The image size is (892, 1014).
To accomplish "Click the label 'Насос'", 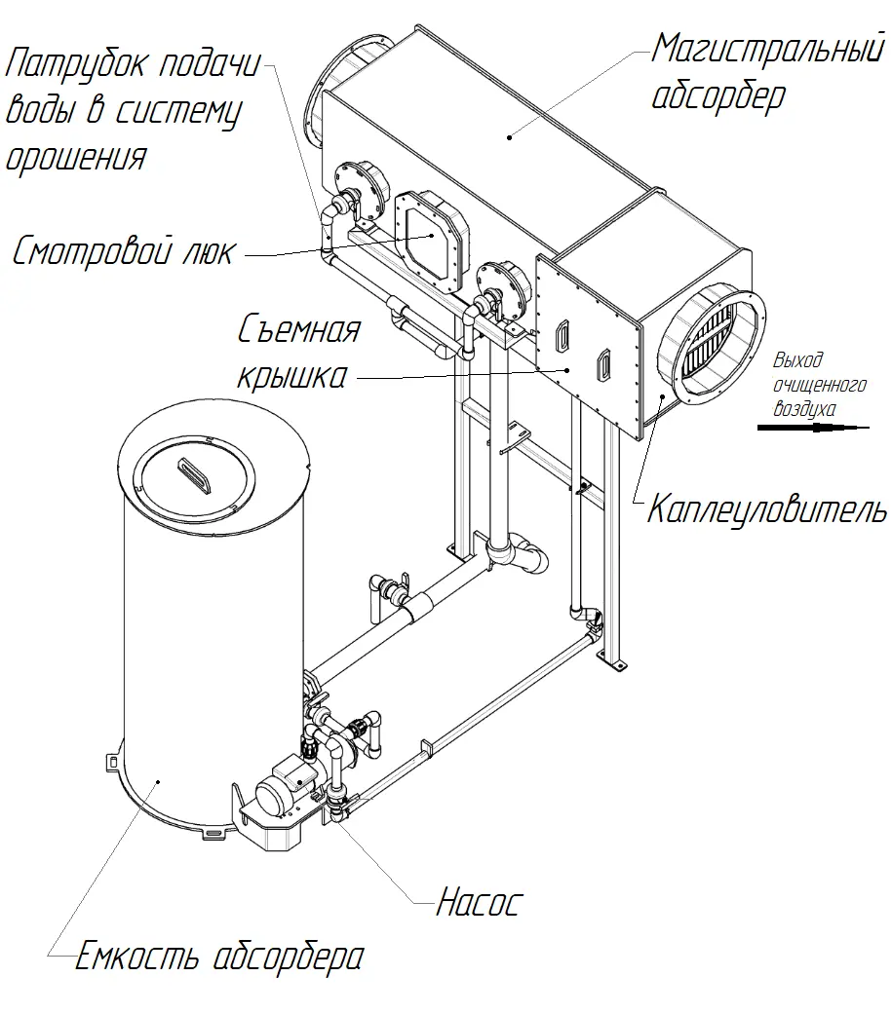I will [477, 903].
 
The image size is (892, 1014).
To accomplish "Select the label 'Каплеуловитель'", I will [767, 509].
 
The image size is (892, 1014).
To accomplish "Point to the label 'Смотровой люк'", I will [123, 252].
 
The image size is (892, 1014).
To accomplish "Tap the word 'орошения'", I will [76, 156].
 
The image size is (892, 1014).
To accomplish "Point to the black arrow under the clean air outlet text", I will [814, 427].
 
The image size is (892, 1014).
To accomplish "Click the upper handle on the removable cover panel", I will [562, 335].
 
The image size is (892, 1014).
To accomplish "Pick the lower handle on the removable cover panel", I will [604, 364].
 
